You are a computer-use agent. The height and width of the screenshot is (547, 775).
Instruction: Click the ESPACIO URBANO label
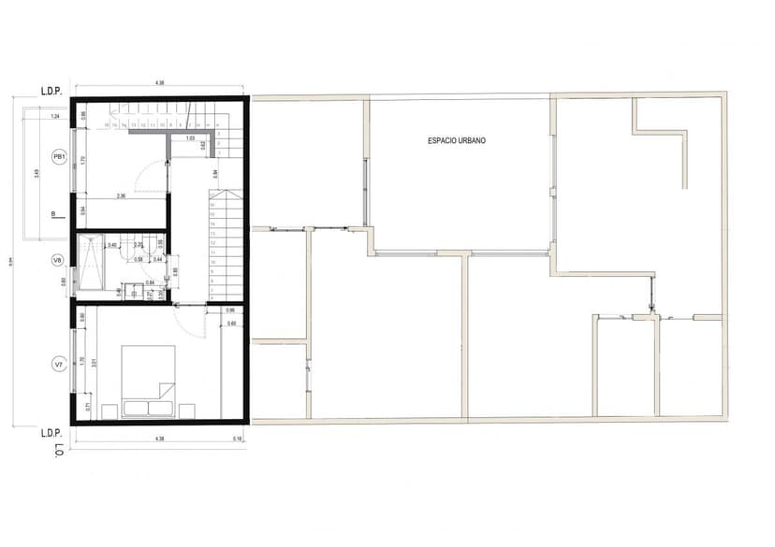(x=457, y=141)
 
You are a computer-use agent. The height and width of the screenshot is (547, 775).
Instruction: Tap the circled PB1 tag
(x=58, y=157)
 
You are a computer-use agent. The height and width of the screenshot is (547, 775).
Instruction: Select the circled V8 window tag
(x=58, y=261)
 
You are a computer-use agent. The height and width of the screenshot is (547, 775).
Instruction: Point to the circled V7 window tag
(x=58, y=364)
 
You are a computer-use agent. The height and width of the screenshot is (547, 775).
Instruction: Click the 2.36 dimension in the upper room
(x=121, y=196)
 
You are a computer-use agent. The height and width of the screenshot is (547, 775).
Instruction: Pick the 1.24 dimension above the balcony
(x=55, y=116)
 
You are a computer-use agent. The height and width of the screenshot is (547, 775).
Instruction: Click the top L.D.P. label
(x=51, y=92)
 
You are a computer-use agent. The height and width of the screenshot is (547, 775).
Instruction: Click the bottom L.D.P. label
(x=51, y=434)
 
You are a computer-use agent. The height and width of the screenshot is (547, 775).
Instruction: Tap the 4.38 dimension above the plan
(x=159, y=84)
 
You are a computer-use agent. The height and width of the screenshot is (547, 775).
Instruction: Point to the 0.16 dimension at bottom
(x=239, y=439)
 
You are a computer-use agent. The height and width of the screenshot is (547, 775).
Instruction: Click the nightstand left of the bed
(x=110, y=410)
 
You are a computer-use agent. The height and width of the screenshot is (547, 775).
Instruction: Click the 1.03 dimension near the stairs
(x=190, y=138)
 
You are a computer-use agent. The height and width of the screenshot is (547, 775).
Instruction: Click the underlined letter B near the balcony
(x=52, y=214)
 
